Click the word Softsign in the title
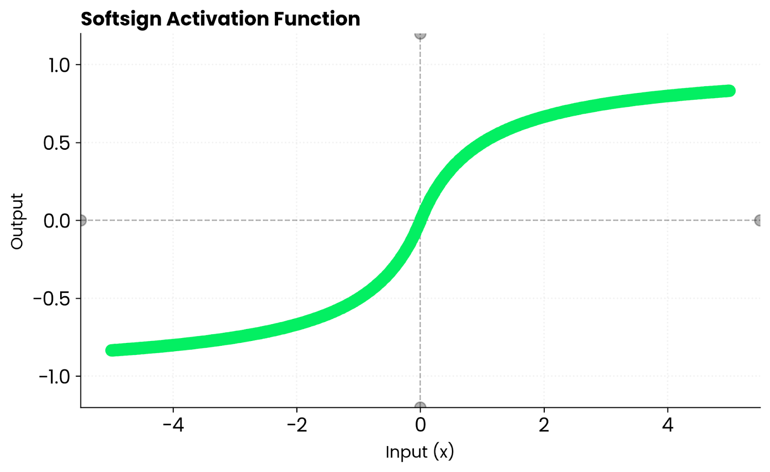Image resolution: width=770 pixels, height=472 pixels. (121, 19)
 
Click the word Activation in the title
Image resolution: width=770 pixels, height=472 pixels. (218, 19)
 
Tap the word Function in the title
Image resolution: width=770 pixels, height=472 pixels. (317, 19)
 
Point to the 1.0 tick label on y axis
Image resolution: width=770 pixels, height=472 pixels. (59, 65)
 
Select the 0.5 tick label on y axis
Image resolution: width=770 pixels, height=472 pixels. (57, 143)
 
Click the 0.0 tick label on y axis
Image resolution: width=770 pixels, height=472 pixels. (57, 221)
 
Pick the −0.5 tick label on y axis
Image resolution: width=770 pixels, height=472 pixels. (52, 299)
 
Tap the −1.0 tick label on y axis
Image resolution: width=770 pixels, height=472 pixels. (54, 377)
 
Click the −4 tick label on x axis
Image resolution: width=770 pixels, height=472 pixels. (173, 425)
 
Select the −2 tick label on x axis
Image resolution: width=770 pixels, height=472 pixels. (297, 425)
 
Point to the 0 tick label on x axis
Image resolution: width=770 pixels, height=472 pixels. (420, 425)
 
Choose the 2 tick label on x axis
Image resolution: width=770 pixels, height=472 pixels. (544, 425)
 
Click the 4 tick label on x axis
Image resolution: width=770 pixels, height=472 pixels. (667, 425)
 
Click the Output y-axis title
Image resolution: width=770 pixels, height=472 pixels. (17, 221)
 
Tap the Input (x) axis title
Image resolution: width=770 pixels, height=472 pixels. (420, 452)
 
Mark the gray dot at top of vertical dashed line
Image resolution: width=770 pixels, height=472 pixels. (420, 34)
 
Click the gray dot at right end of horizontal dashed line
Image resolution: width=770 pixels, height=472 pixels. (759, 221)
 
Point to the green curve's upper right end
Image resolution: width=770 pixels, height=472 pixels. (729, 91)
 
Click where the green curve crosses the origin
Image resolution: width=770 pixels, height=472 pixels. (420, 221)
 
